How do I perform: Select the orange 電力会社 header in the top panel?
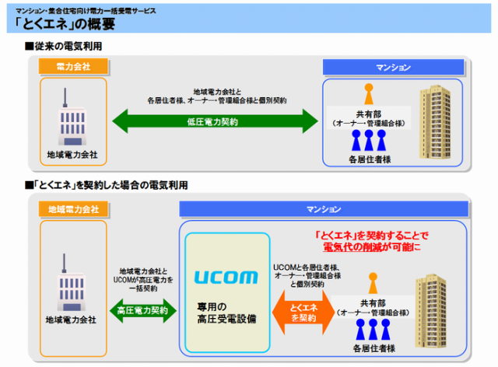coord(74,68)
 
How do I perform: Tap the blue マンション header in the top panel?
coord(393,68)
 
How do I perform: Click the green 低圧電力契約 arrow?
coord(212,122)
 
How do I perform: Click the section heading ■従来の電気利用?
coord(64,47)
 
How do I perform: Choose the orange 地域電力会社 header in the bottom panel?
coord(73,209)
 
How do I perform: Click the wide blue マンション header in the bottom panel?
coord(323,209)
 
